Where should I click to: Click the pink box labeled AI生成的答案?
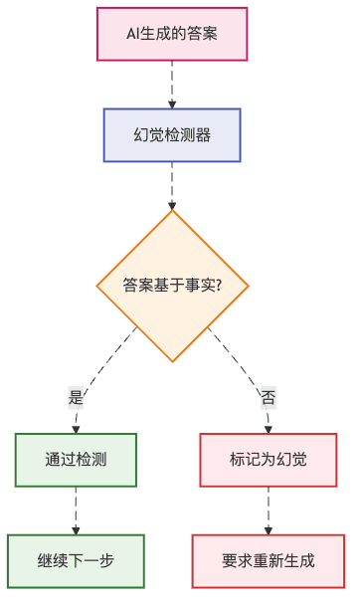point(172,34)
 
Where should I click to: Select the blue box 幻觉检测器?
point(172,134)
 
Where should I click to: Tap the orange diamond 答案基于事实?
point(172,286)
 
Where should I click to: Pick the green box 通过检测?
point(76,460)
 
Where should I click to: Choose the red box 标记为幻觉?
point(269,460)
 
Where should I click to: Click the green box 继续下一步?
point(76,561)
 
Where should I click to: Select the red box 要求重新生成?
point(269,561)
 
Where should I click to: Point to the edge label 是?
point(77,397)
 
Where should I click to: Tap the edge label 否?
point(268,397)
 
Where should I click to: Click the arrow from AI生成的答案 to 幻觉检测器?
point(172,84)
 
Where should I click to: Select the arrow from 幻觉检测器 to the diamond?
point(172,184)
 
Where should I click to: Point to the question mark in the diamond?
point(218,286)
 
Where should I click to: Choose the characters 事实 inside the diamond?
point(199,286)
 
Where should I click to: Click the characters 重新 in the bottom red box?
point(269,561)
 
